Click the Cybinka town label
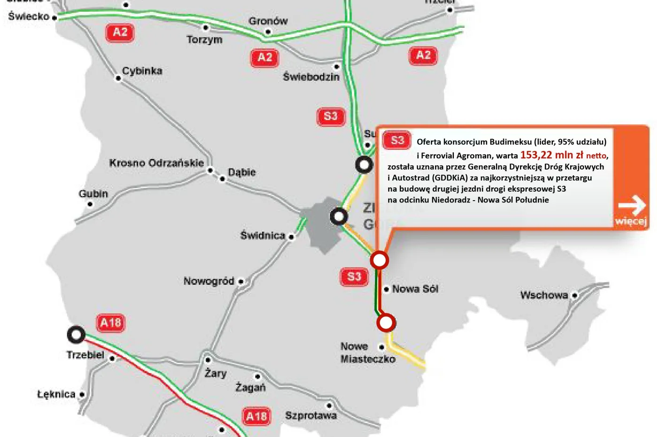pos(142,71)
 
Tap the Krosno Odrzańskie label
pos(156,163)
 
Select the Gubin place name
pos(93,194)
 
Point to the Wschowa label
pos(544,295)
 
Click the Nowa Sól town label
pos(415,289)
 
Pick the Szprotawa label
pos(311,415)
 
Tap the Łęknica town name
pos(56,394)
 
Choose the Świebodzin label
pos(311,77)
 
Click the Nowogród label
pos(208,281)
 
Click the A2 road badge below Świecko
pos(120,32)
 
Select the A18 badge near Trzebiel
pos(111,323)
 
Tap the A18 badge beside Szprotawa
pos(257,416)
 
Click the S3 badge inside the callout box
pos(397,140)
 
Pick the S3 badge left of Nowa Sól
pos(354,277)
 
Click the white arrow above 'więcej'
pos(632,206)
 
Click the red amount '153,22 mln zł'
pos(551,155)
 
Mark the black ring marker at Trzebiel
pos(76,335)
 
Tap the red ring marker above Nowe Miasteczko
pos(386,323)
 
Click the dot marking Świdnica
pos(291,236)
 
